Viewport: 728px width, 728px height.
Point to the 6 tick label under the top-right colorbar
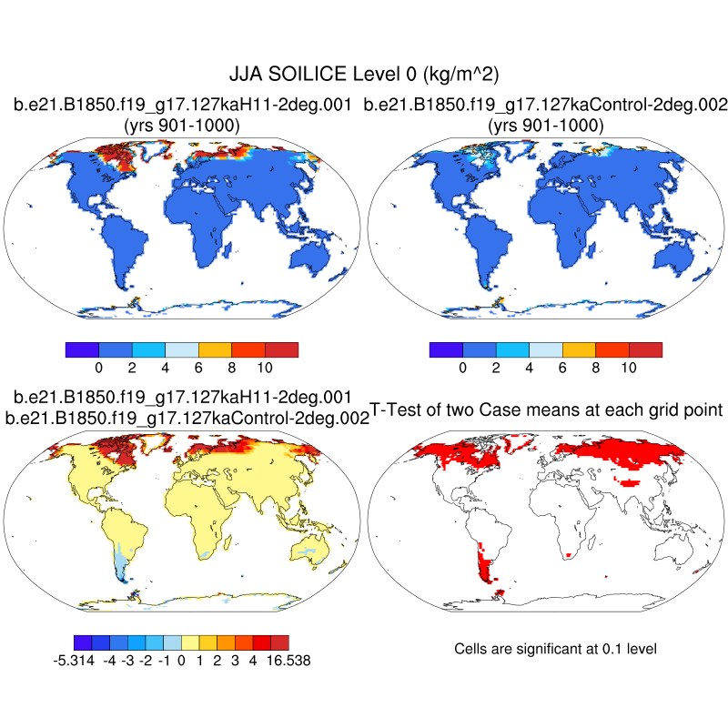(562, 368)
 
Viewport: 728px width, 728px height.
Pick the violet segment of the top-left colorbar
(82, 349)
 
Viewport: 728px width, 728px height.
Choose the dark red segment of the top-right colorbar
(645, 349)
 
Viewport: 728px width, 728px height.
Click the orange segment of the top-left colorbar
(215, 349)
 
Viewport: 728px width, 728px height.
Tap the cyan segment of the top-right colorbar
(512, 349)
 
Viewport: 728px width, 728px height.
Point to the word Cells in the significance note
(471, 649)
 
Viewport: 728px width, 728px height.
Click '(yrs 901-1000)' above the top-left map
(181, 126)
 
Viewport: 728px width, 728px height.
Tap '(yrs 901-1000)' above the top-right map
(545, 126)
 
